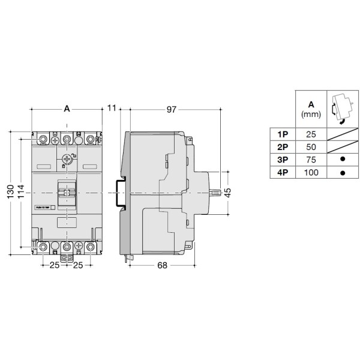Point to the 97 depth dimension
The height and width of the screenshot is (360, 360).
tap(172, 109)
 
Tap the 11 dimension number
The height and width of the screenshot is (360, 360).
tap(112, 109)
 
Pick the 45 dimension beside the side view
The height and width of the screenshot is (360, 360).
tap(227, 192)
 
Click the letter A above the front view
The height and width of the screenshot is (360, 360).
tap(67, 109)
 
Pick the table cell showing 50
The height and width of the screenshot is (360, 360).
tap(311, 146)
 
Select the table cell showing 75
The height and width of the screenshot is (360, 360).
tap(311, 160)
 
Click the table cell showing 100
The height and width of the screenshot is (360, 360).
tap(311, 173)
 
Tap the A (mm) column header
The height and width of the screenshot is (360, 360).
tap(311, 108)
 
